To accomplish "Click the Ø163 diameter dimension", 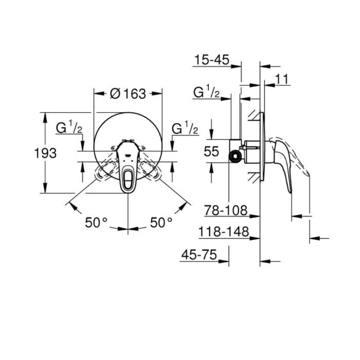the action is coord(128,94).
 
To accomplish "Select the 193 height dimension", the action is coord(45,153).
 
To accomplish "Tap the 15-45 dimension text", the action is coord(212,60).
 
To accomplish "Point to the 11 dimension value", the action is coord(281,79).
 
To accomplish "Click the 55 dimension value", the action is coord(211,151).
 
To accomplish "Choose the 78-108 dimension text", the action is coord(226,210).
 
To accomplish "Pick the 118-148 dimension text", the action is coord(223,231).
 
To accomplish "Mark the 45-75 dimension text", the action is coord(199,255).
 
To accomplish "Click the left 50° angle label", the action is coord(96,222).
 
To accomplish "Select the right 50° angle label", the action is coord(161,222).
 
